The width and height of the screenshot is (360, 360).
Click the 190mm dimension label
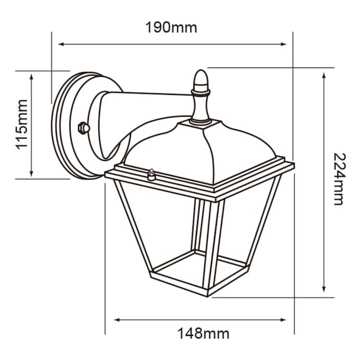pos(171,27)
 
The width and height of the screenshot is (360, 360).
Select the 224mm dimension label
pos(339,179)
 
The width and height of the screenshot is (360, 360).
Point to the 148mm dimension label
pos(203,334)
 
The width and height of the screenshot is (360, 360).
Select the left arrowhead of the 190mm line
pos(60,44)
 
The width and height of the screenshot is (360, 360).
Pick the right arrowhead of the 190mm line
pos(284,44)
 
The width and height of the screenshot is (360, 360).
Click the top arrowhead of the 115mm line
pos(32,76)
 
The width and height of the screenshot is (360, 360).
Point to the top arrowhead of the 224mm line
pos(324,75)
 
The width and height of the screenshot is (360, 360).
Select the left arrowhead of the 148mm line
pos(116,320)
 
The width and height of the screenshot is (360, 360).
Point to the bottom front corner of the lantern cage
pos(208,292)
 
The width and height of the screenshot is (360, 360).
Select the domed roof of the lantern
pos(202,151)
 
